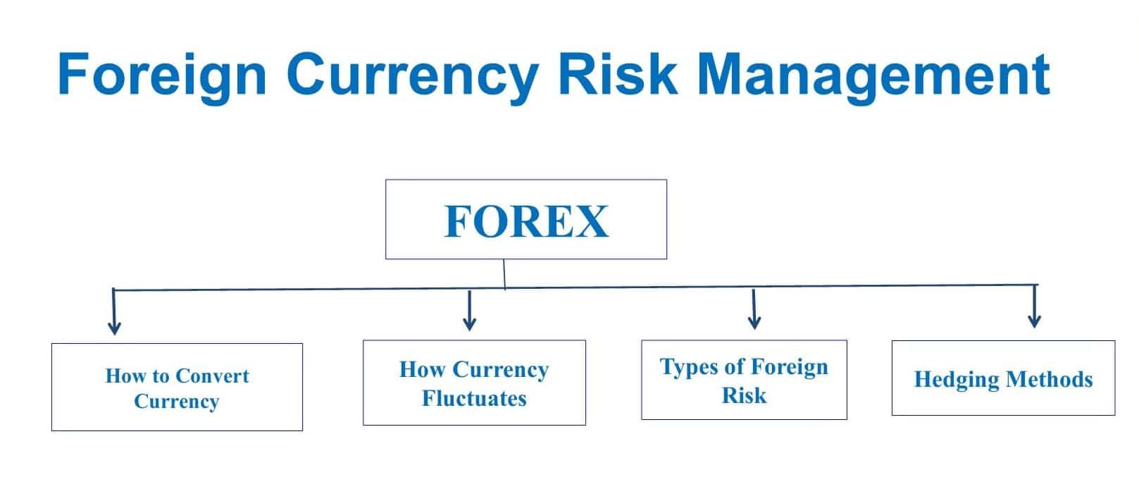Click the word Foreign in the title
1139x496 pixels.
pyautogui.click(x=162, y=75)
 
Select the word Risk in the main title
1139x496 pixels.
pyautogui.click(x=618, y=74)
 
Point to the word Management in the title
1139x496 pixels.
pyautogui.click(x=873, y=77)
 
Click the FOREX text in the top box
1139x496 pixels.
pyautogui.click(x=526, y=221)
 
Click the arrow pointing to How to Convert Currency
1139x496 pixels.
pyautogui.click(x=114, y=311)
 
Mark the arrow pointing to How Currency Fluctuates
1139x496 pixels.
pyautogui.click(x=469, y=310)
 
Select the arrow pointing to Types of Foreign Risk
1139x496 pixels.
pyautogui.click(x=754, y=309)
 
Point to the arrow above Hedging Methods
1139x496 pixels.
pyautogui.click(x=1034, y=306)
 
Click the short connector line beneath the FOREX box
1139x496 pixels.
pyautogui.click(x=504, y=275)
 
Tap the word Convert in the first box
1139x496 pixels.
pyautogui.click(x=212, y=376)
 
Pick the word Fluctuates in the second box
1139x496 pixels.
pyautogui.click(x=475, y=398)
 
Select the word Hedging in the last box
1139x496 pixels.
pyautogui.click(x=957, y=380)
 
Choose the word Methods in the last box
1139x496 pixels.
pyautogui.click(x=1050, y=379)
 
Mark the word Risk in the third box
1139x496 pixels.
pyautogui.click(x=744, y=396)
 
